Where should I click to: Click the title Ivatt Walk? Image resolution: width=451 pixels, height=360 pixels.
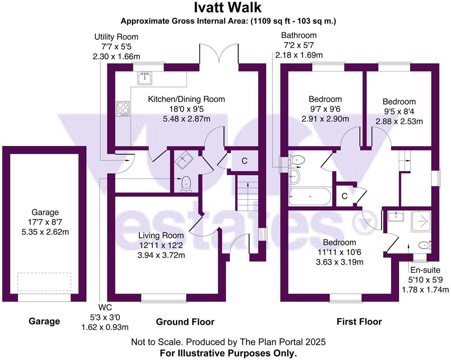pyautogui.click(x=228, y=8)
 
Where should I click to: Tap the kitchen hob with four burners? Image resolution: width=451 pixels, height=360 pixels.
pyautogui.click(x=123, y=109)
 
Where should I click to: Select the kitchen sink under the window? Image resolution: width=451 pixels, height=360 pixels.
pyautogui.click(x=145, y=79)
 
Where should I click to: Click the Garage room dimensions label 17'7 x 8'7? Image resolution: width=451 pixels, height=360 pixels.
pyautogui.click(x=45, y=222)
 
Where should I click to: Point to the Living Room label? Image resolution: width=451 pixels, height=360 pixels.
pyautogui.click(x=161, y=236)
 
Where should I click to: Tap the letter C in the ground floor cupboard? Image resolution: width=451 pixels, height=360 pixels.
pyautogui.click(x=245, y=161)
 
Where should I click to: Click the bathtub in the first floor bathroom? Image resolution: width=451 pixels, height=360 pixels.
pyautogui.click(x=310, y=197)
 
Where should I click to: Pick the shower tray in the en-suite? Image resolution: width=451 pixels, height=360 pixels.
pyautogui.click(x=421, y=222)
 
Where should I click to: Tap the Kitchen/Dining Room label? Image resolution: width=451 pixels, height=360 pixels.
pyautogui.click(x=186, y=99)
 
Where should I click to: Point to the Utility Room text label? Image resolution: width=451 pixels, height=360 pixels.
pyautogui.click(x=116, y=37)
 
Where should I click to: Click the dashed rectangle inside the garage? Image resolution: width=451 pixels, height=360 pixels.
pyautogui.click(x=44, y=282)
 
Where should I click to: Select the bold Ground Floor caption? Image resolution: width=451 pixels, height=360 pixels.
pyautogui.click(x=185, y=322)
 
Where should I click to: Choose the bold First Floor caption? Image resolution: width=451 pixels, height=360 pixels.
pyautogui.click(x=359, y=322)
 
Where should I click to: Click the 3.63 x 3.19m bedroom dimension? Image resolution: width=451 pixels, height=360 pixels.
pyautogui.click(x=339, y=262)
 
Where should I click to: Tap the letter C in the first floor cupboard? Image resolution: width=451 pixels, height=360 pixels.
pyautogui.click(x=345, y=196)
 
